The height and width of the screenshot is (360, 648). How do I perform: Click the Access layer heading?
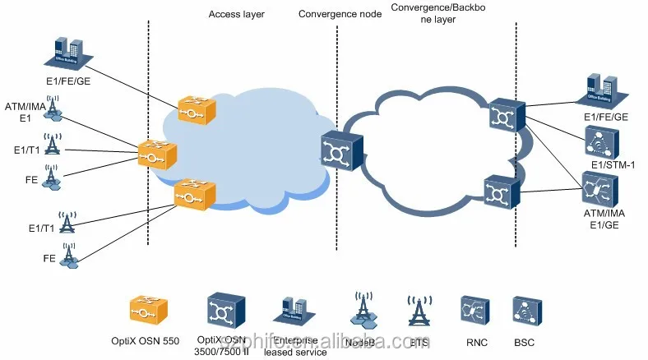236,15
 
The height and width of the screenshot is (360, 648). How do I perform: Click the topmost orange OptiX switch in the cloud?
197,109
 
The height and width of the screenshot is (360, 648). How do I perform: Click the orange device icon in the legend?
149,311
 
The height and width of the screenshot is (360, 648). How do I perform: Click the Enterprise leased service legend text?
295,345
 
